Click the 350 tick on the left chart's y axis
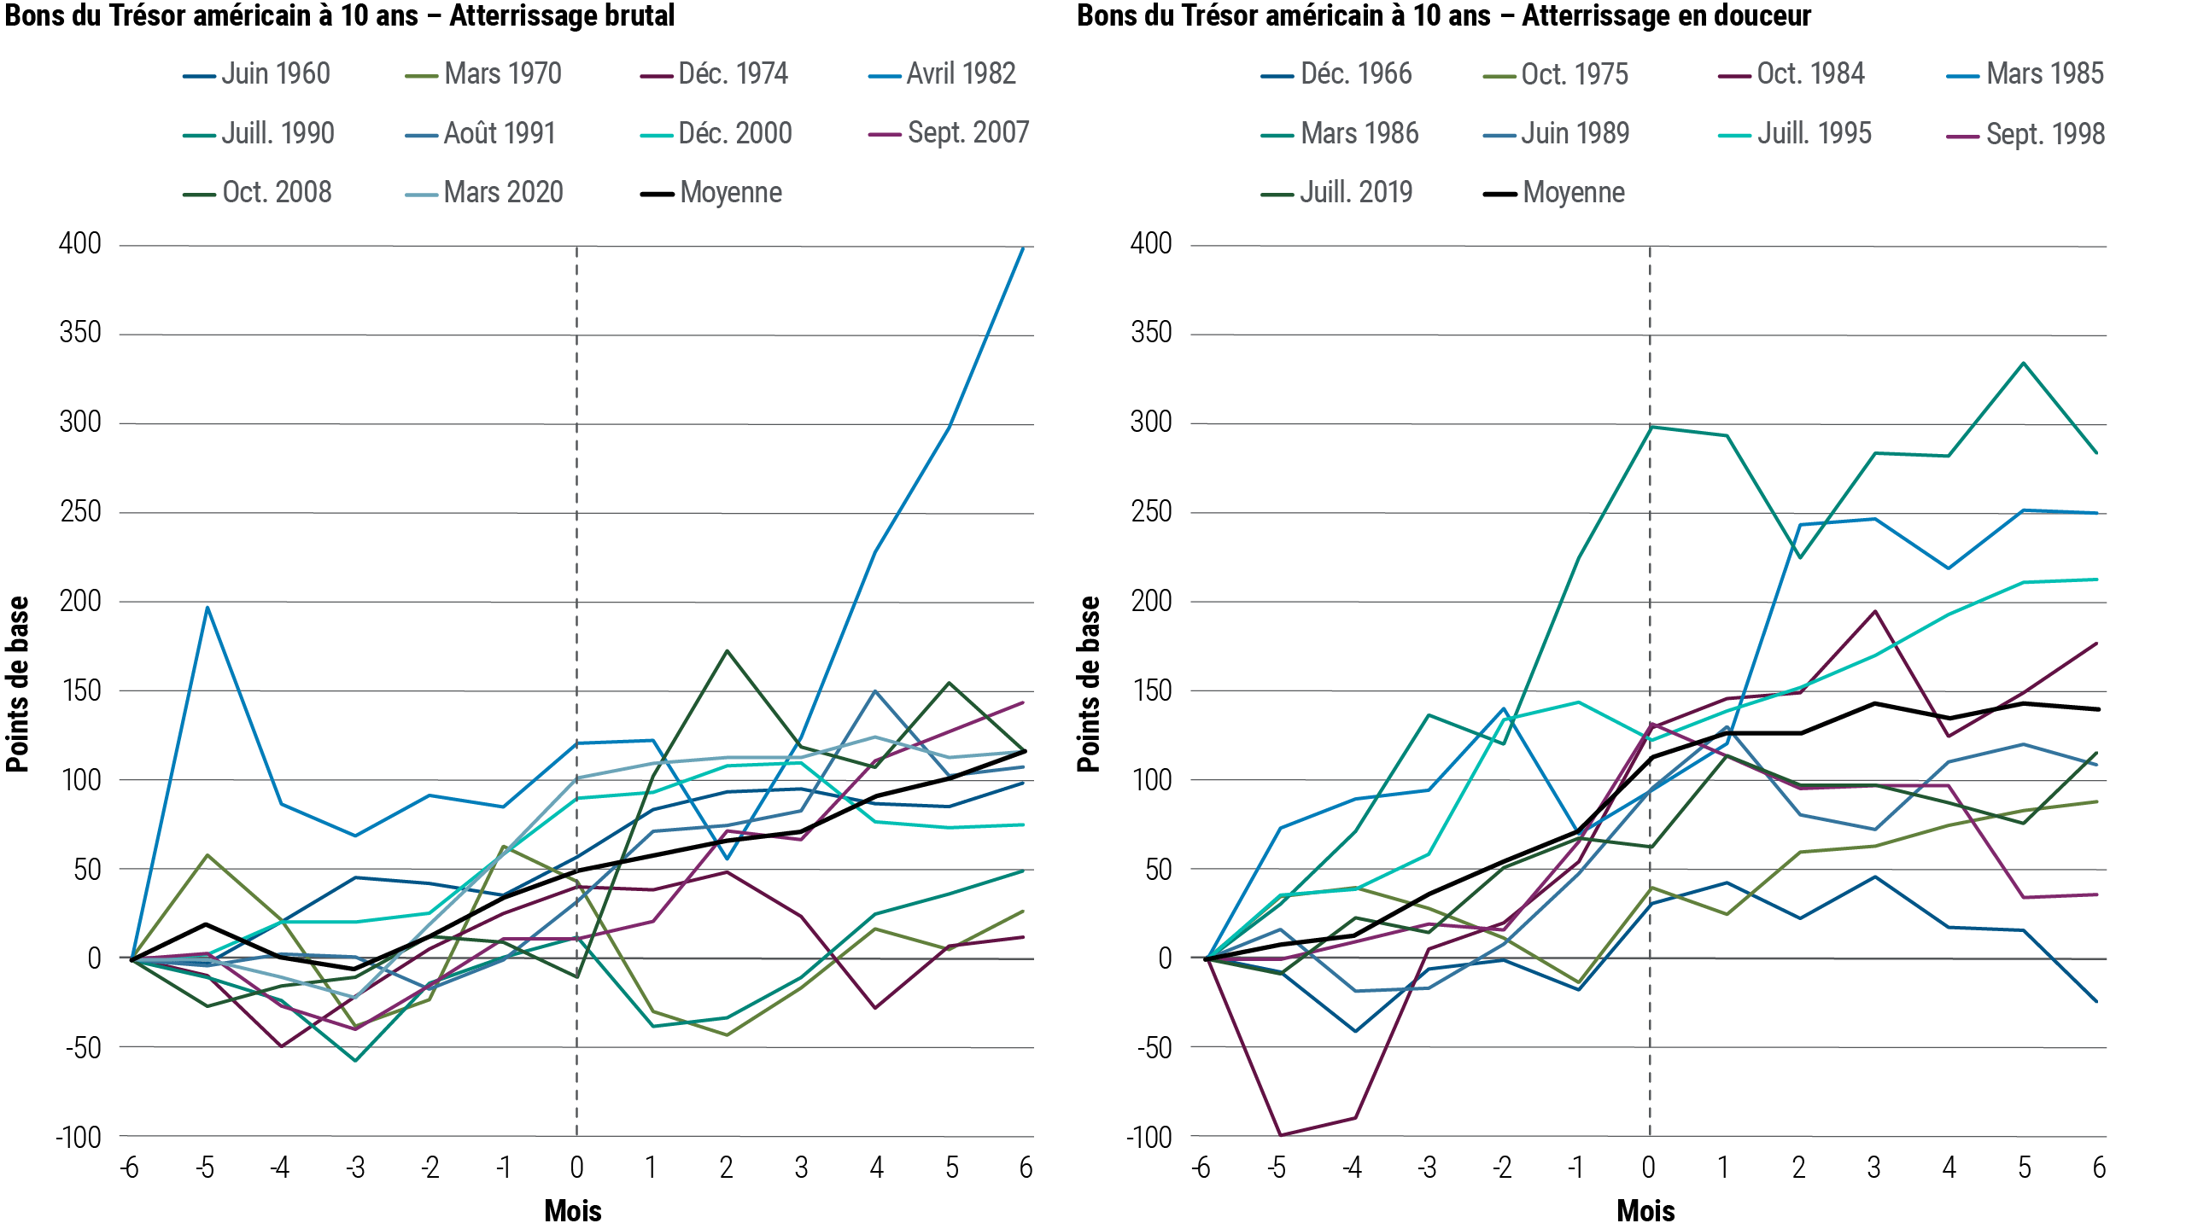pos(80,333)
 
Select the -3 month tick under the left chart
pos(354,1167)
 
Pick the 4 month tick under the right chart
pos(1949,1167)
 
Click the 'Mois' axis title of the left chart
pos(573,1210)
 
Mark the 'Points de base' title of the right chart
pos(1089,684)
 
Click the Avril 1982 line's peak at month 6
pos(1023,248)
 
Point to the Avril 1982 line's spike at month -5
pos(207,608)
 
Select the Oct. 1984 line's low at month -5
pos(1278,1135)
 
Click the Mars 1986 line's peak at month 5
pos(2023,364)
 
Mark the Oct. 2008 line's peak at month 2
pos(726,650)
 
